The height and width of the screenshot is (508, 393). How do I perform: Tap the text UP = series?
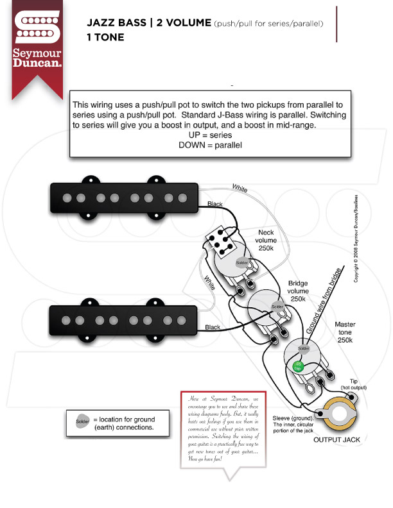[210, 135]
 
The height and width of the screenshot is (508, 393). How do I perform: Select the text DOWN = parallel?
[210, 146]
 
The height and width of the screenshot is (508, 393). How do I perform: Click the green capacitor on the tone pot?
[298, 366]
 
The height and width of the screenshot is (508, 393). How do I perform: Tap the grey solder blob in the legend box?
[82, 421]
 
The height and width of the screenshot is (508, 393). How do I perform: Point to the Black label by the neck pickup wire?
[216, 205]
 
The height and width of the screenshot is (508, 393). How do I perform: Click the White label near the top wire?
[240, 189]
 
